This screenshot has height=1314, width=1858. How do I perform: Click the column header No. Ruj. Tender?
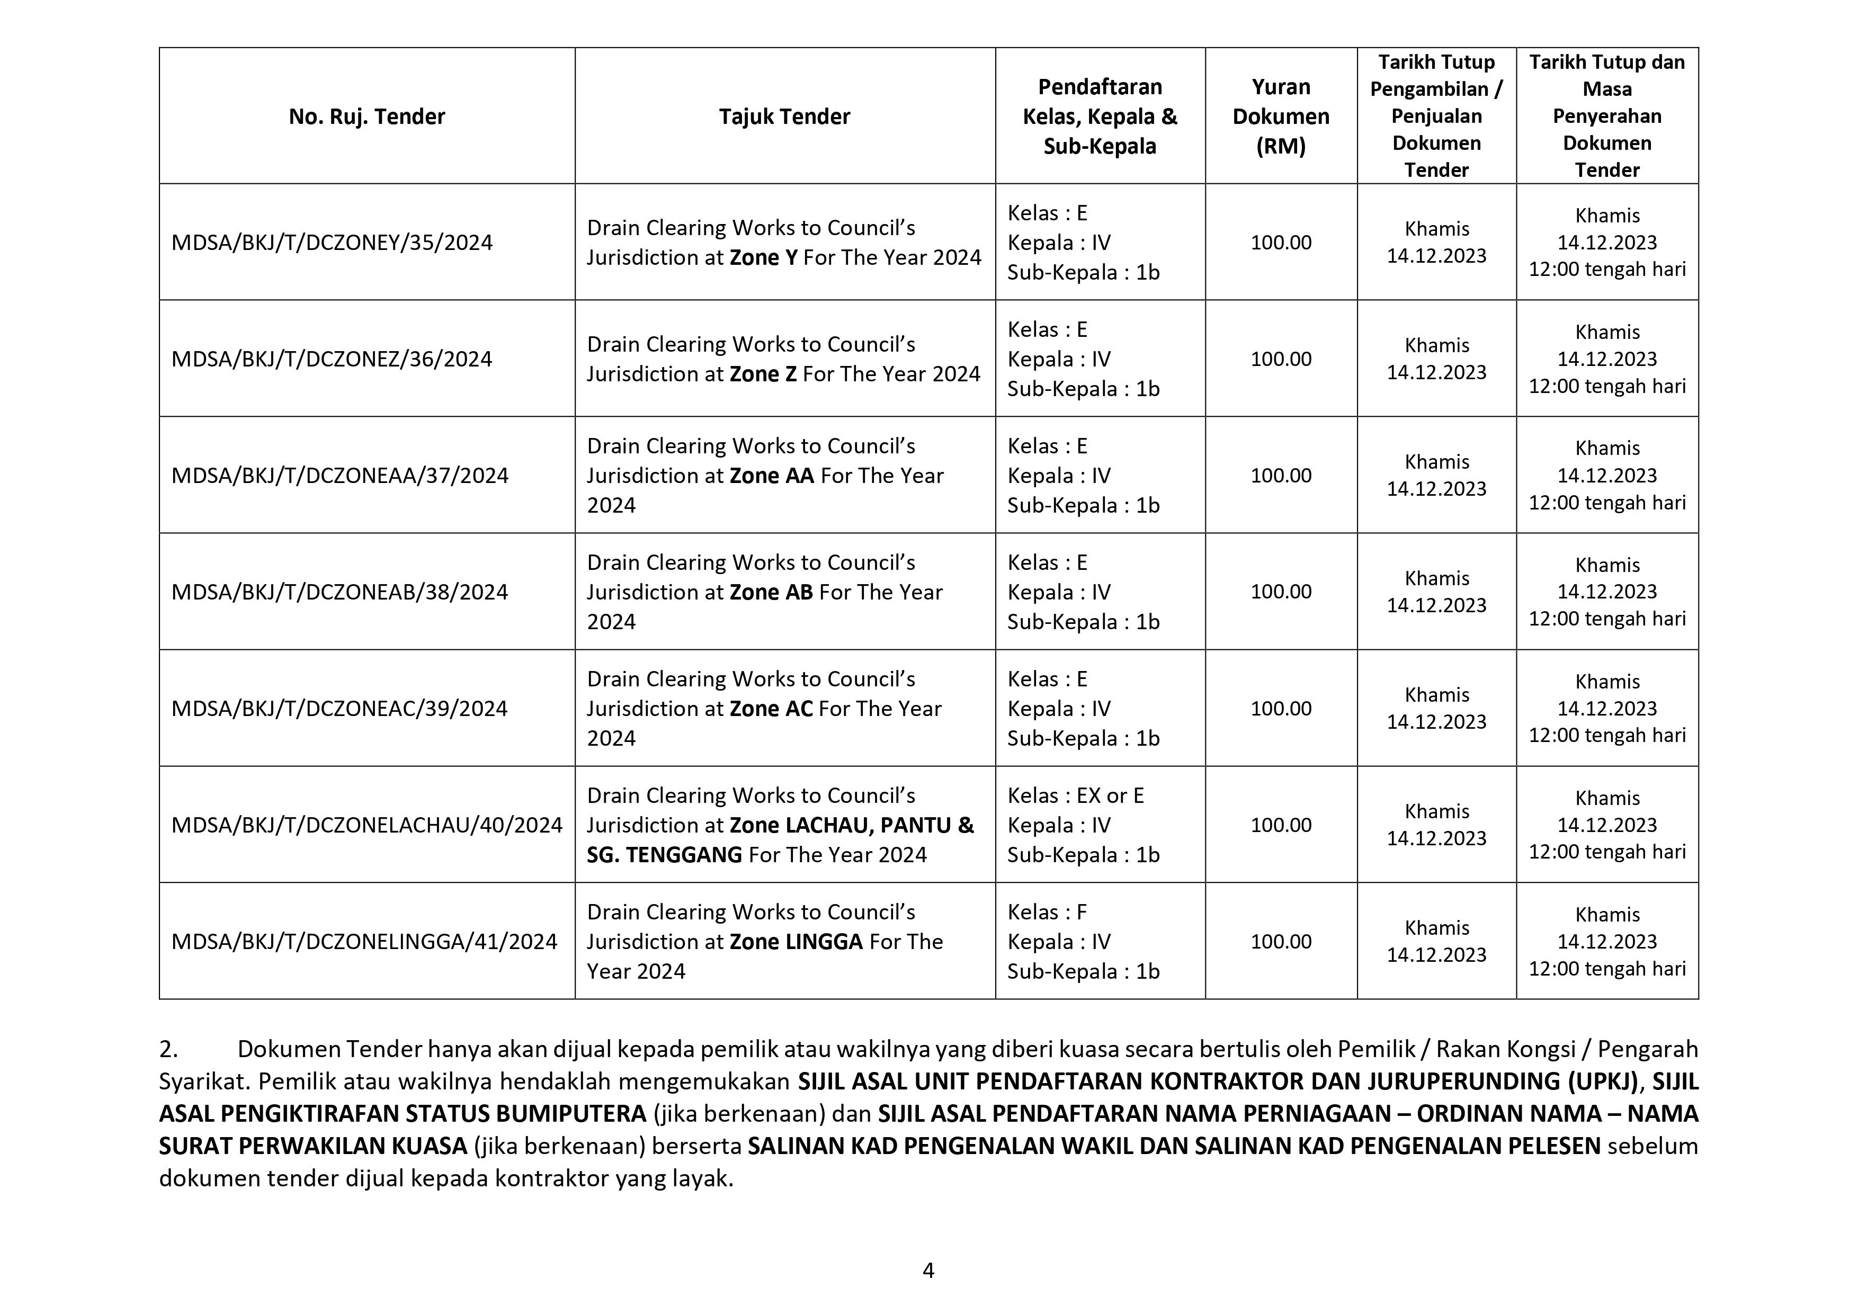point(367,117)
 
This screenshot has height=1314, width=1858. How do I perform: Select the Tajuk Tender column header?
point(784,117)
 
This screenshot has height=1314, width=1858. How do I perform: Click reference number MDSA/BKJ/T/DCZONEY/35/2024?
point(332,243)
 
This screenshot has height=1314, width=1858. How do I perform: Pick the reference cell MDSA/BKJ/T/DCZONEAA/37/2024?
point(340,476)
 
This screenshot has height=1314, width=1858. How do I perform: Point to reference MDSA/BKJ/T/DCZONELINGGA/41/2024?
point(364,942)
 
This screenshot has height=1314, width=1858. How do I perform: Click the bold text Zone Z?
point(763,374)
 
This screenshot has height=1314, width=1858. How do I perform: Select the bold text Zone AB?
point(771,592)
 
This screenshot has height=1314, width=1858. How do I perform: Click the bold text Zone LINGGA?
point(796,942)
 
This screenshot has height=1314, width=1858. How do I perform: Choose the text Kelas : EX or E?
point(1076,796)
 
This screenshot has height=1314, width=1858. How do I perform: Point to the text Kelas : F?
point(1047,913)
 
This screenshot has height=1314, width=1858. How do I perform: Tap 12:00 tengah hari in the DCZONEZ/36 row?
point(1606,387)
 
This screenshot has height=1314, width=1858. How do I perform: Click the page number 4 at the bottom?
point(928,1271)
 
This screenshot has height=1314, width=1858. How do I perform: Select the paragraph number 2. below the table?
point(168,1049)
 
